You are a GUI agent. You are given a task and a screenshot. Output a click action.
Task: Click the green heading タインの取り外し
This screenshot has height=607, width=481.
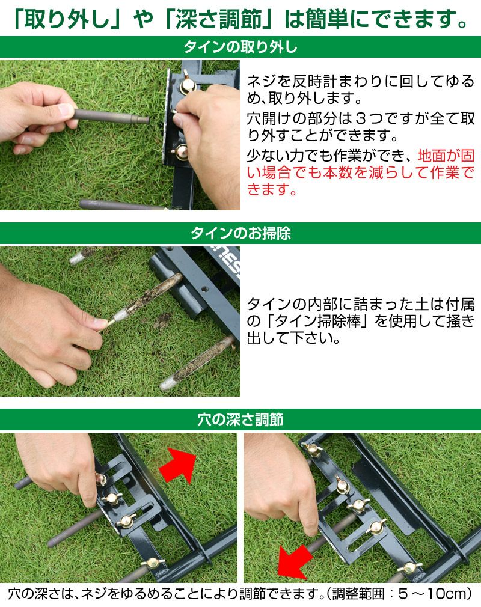tap(240, 47)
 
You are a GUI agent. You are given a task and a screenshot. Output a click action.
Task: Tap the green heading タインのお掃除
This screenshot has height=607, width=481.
tap(240, 233)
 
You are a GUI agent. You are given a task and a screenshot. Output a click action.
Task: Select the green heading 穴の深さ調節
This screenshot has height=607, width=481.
tap(240, 419)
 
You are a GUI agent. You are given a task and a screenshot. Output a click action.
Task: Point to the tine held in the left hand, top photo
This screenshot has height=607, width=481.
tap(111, 116)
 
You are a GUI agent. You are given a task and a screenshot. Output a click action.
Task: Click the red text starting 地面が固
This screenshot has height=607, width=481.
tap(361, 172)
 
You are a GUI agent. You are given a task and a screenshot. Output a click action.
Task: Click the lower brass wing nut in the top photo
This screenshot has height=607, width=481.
tap(180, 151)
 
